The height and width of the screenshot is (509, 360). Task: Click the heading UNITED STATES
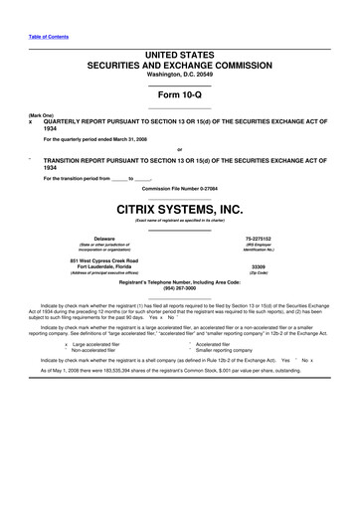(x=179, y=53)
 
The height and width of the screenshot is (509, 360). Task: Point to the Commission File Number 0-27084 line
(x=179, y=188)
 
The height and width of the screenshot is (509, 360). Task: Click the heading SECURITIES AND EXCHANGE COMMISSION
(x=179, y=64)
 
